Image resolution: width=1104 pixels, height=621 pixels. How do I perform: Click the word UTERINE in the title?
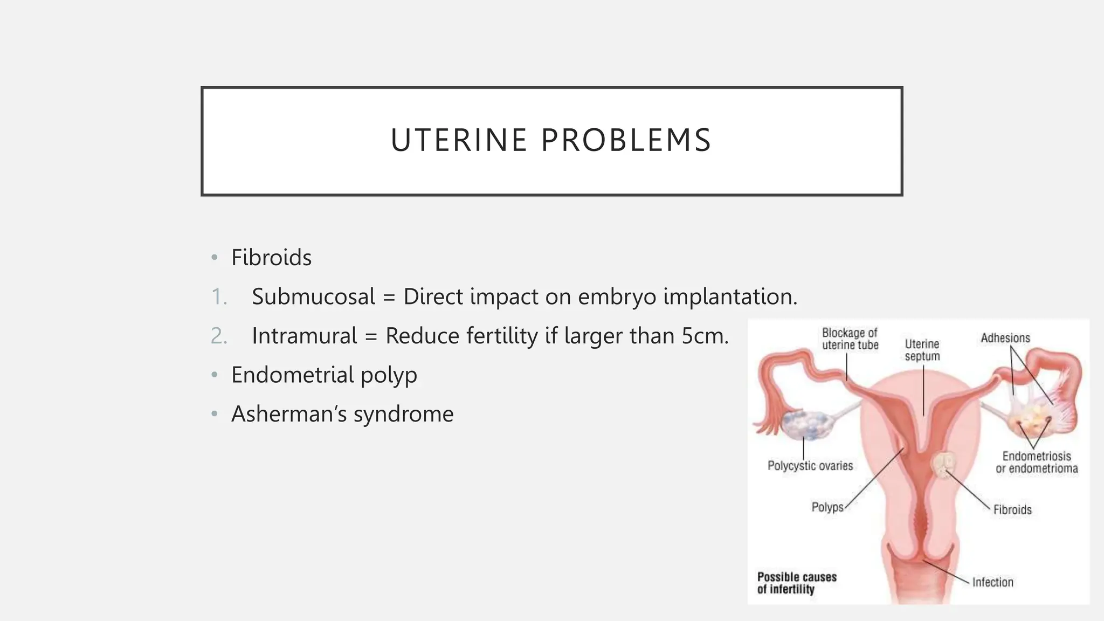click(458, 141)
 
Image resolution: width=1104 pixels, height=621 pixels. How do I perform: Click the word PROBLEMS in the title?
click(626, 141)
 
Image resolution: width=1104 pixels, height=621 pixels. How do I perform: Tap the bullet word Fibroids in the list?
click(271, 258)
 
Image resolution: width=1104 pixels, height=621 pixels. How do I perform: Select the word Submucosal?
click(313, 297)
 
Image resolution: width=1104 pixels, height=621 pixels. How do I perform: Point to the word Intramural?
click(304, 336)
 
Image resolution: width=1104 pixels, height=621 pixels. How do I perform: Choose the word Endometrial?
click(292, 375)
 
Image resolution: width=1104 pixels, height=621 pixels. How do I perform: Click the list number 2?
click(219, 336)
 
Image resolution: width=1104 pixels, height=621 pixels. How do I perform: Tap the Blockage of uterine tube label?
click(850, 339)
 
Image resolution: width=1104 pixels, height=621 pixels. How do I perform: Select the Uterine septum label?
click(922, 350)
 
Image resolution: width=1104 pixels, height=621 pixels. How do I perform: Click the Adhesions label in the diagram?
click(1005, 339)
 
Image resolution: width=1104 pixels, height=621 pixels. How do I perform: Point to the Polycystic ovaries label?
click(810, 466)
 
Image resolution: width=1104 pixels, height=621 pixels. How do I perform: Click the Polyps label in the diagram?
click(827, 507)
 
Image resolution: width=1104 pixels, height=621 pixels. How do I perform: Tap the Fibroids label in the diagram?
click(1012, 510)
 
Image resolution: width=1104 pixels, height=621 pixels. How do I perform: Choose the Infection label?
click(992, 582)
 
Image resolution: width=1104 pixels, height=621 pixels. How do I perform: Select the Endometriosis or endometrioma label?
click(1037, 463)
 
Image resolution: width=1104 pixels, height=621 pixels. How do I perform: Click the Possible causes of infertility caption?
click(797, 583)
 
